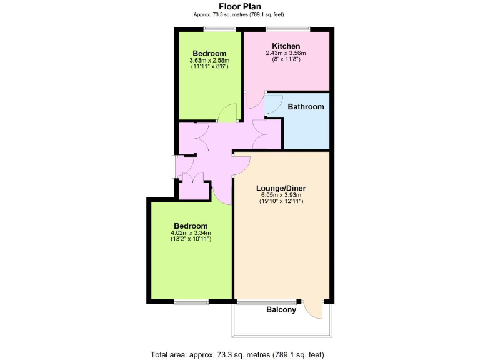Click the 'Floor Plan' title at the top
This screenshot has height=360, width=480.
pyautogui.click(x=239, y=7)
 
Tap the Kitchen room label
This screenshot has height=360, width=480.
pyautogui.click(x=286, y=46)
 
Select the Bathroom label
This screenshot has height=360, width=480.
pyautogui.click(x=306, y=107)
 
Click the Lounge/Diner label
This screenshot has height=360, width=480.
pyautogui.click(x=281, y=187)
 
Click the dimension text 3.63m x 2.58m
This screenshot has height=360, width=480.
pyautogui.click(x=209, y=61)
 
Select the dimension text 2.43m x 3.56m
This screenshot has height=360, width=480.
pyautogui.click(x=286, y=54)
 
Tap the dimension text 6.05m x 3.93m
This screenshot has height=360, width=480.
pyautogui.click(x=281, y=195)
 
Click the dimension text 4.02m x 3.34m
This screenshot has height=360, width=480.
pyautogui.click(x=191, y=233)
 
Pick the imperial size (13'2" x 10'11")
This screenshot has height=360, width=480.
pyautogui.click(x=191, y=239)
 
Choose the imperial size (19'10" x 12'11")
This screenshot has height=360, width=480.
pyautogui.click(x=281, y=201)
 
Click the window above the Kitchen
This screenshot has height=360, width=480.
pyautogui.click(x=287, y=28)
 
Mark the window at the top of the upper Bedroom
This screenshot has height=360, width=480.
pyautogui.click(x=215, y=28)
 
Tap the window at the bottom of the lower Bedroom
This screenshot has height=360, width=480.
pyautogui.click(x=191, y=302)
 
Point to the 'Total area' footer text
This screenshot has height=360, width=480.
pyautogui.click(x=237, y=355)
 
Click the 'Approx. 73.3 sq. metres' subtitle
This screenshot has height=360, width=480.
pyautogui.click(x=239, y=15)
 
